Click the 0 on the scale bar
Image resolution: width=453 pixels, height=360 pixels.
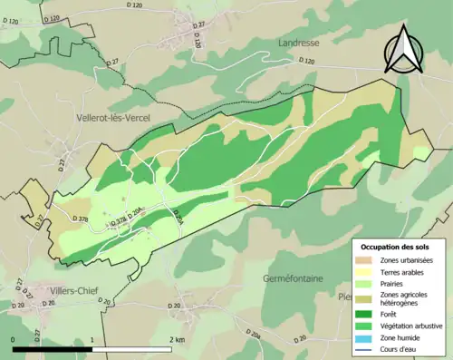pyautogui.click(x=13, y=339)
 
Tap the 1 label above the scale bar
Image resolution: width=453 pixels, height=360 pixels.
pyautogui.click(x=92, y=339)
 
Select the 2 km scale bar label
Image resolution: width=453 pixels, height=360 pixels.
pyautogui.click(x=177, y=339)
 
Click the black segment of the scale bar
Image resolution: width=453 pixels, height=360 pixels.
pyautogui.click(x=53, y=348)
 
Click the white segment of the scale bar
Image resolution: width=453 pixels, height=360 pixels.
pyautogui.click(x=132, y=348)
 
